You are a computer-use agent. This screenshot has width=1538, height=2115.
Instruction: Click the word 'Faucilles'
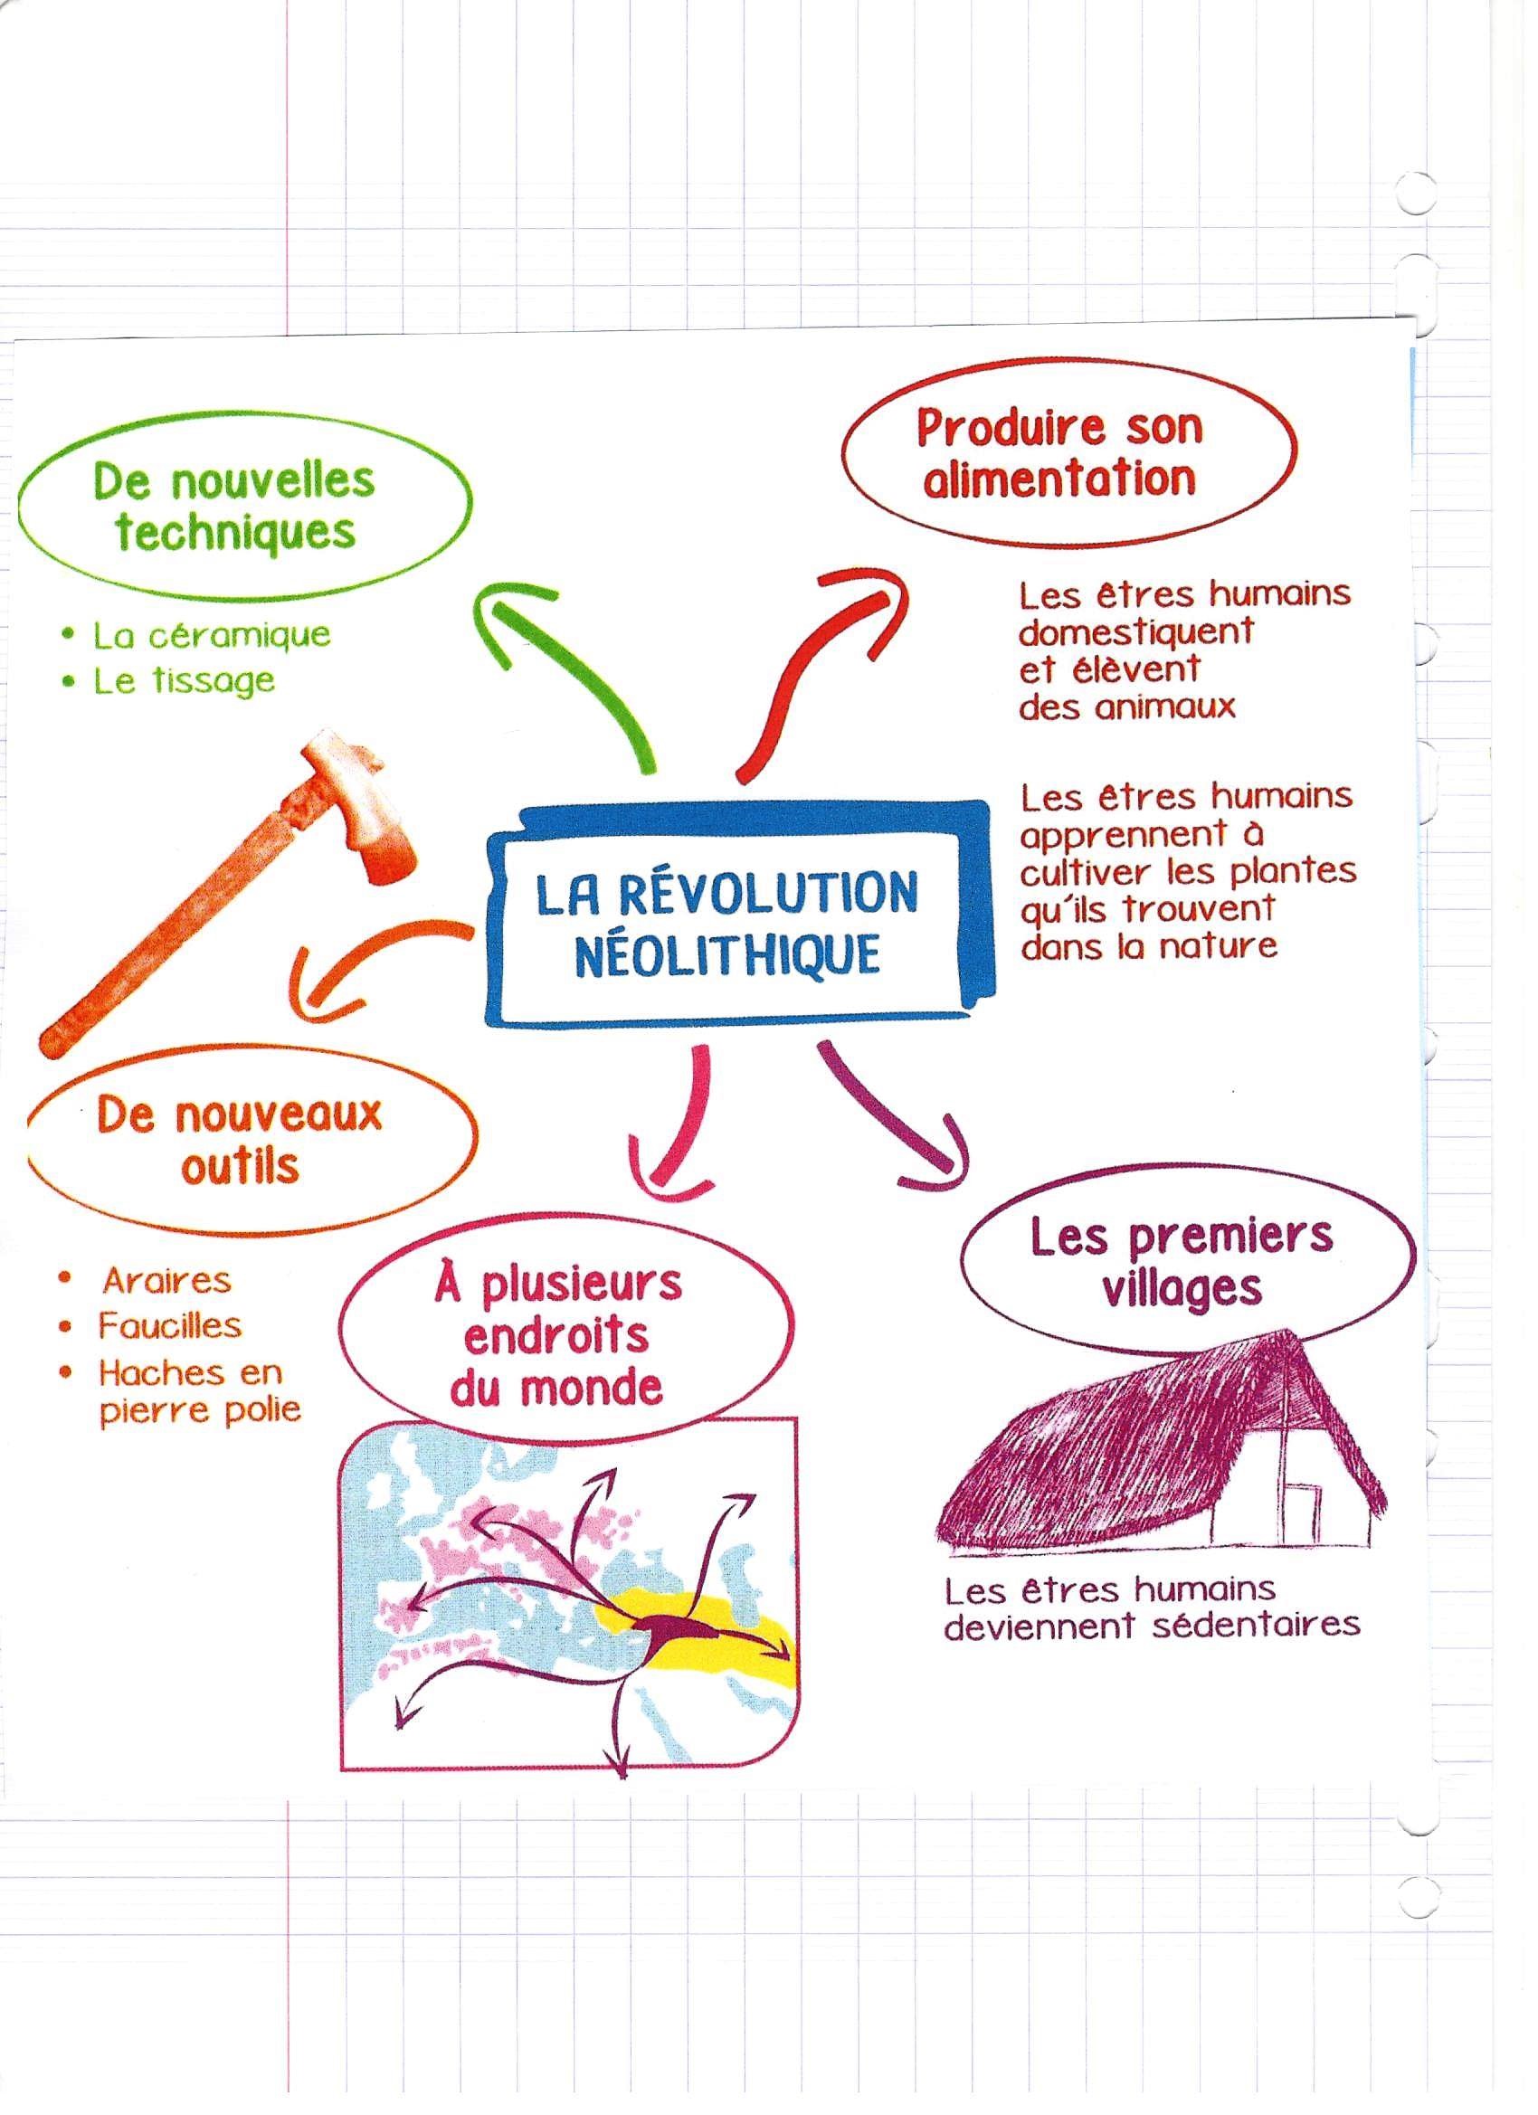click(171, 1327)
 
